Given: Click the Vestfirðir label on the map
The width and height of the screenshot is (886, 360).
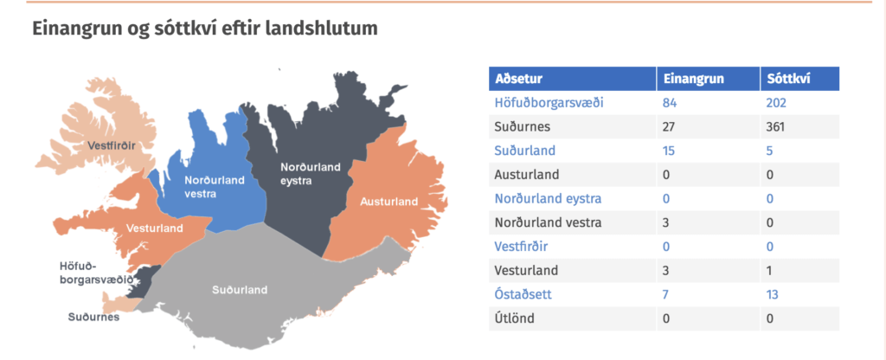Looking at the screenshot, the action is [x=112, y=145].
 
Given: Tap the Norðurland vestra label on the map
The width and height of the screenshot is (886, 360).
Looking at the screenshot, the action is [x=215, y=187].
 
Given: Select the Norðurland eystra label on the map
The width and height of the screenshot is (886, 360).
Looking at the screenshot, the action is [x=311, y=173].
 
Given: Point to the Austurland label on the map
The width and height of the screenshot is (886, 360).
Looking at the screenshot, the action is [x=388, y=202].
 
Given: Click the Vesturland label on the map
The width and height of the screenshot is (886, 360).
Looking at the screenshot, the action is [x=154, y=228].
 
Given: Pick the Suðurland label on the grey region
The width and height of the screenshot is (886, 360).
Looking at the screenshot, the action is [x=240, y=290].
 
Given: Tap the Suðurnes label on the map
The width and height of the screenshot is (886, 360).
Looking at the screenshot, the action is [x=93, y=317].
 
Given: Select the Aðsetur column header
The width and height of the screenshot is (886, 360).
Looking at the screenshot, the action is [x=519, y=79].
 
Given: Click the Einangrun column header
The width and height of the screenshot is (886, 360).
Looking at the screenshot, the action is [x=693, y=79].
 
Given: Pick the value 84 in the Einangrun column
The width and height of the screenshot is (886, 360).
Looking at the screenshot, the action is [x=670, y=103].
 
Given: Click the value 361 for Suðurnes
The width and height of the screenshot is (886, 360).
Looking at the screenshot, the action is [x=776, y=126].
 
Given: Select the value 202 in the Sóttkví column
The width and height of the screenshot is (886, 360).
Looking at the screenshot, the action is [x=776, y=103].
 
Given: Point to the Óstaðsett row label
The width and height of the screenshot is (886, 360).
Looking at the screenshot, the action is [x=523, y=294].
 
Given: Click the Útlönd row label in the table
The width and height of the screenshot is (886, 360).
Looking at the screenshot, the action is [x=514, y=318].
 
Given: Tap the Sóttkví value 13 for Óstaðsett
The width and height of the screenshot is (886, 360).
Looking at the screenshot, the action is [x=773, y=294].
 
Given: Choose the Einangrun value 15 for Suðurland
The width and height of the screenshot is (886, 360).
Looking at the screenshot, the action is [x=669, y=151].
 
